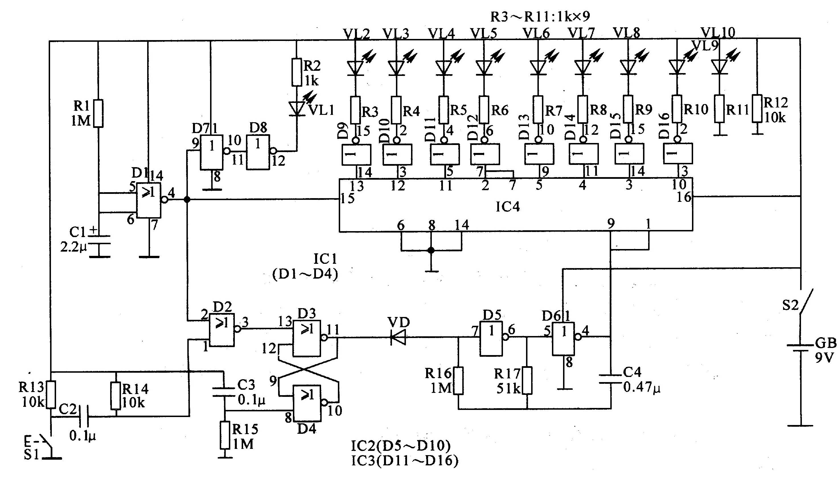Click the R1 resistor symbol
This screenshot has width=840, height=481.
(x=98, y=113)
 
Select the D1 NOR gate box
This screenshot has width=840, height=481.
(x=149, y=200)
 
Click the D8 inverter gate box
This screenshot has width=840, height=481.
(x=258, y=152)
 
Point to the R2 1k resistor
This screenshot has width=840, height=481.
(x=297, y=72)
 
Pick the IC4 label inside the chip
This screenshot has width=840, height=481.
(x=508, y=207)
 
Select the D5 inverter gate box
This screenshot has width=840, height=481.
(x=491, y=339)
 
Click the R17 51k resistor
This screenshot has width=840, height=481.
(x=527, y=381)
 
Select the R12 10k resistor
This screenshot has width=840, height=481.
(x=758, y=108)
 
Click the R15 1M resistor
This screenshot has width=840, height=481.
(x=225, y=435)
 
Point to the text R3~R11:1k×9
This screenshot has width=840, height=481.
(x=540, y=16)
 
